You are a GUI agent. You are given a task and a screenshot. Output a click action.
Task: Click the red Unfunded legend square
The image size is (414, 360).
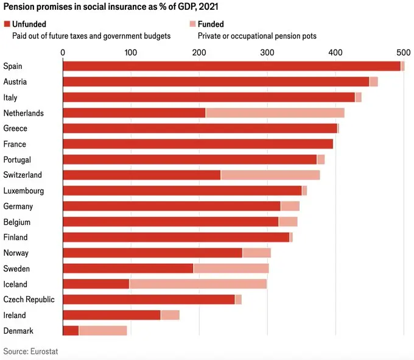click(x=7, y=24)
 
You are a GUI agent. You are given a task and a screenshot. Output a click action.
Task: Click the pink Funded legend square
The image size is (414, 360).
click(x=192, y=24)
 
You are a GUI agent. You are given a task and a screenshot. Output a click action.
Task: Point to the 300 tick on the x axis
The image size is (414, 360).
click(x=267, y=53)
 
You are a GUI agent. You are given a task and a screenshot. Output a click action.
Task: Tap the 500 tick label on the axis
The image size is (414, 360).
click(x=403, y=53)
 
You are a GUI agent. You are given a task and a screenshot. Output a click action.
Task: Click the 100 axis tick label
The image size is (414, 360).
click(x=131, y=53)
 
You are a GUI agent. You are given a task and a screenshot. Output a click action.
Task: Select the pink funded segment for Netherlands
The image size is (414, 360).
click(x=275, y=113)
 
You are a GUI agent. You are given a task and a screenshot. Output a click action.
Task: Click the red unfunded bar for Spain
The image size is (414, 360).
click(x=231, y=66)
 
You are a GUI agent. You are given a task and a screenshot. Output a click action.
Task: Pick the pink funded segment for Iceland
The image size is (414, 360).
click(x=198, y=284)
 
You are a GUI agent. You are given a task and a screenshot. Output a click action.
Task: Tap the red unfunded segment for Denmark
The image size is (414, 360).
click(x=71, y=330)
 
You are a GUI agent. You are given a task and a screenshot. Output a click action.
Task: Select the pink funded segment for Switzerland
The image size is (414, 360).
click(x=270, y=175)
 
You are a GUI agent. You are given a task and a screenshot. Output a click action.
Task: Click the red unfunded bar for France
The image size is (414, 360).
click(x=198, y=144)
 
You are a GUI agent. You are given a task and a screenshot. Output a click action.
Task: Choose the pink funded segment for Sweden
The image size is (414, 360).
click(x=231, y=268)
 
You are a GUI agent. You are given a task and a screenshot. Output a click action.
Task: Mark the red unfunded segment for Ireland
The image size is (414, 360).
click(x=111, y=315)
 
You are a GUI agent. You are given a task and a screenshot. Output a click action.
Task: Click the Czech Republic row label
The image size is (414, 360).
click(x=29, y=299)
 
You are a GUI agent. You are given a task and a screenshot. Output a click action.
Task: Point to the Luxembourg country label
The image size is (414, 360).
click(x=24, y=190)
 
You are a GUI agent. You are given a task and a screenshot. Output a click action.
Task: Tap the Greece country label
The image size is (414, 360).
click(x=15, y=129)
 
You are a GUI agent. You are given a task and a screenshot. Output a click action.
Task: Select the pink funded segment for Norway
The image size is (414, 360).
click(x=256, y=253)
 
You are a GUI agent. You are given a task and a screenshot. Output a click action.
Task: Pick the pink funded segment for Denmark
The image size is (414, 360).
click(x=103, y=330)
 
